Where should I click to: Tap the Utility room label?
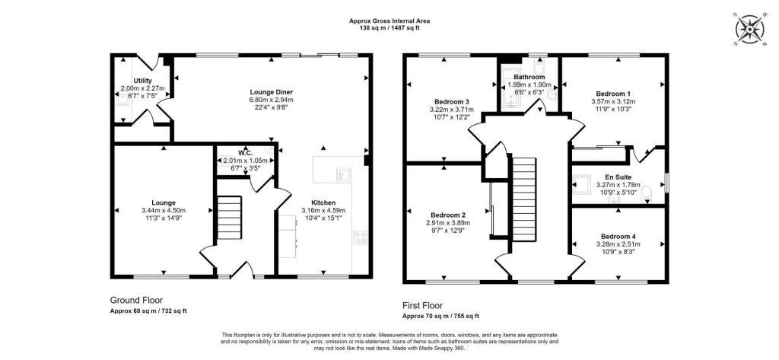pyautogui.click(x=142, y=81)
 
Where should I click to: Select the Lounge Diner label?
pyautogui.click(x=272, y=92)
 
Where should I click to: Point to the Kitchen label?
pyautogui.click(x=323, y=202)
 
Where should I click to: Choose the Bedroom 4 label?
pyautogui.click(x=618, y=236)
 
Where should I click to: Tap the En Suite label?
pyautogui.click(x=618, y=177)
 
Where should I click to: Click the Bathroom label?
pyautogui.click(x=529, y=77)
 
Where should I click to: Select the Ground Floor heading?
pyautogui.click(x=136, y=301)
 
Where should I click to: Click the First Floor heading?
pyautogui.click(x=422, y=306)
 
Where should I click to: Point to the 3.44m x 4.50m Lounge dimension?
pyautogui.click(x=164, y=210)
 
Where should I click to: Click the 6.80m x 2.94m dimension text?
pyautogui.click(x=272, y=100)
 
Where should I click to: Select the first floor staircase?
pyautogui.click(x=525, y=199)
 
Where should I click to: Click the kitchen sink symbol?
pyautogui.click(x=343, y=174)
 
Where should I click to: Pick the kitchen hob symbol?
pyautogui.click(x=360, y=238)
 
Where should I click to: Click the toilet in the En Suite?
pyautogui.click(x=647, y=193)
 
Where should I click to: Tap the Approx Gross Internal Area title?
pyautogui.click(x=389, y=21)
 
